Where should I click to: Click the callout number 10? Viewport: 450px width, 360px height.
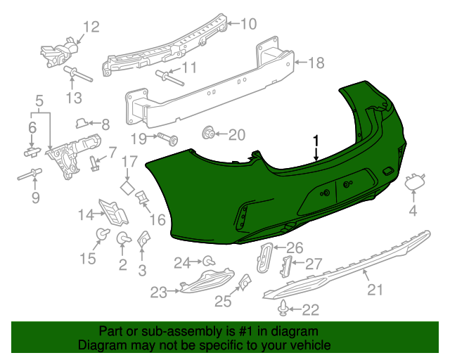tap(248, 25)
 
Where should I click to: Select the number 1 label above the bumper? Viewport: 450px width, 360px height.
tap(316, 140)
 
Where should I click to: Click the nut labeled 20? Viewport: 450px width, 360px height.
tap(209, 132)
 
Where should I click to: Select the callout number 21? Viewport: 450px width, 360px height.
tap(375, 289)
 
